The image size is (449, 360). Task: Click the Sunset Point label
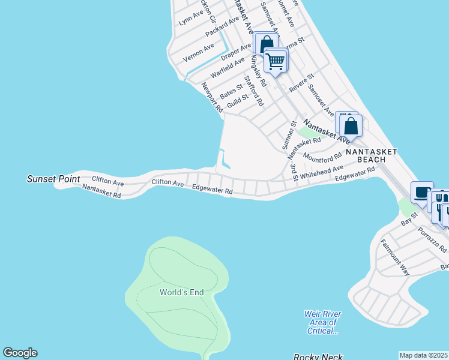pos(50,179)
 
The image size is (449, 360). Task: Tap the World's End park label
pos(181,292)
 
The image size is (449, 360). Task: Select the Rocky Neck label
pos(318,356)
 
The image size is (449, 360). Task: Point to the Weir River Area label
pos(323,322)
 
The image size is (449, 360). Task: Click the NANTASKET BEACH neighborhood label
pos(372,155)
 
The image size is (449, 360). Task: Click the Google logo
pos(20,353)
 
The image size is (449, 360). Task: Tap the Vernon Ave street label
pos(199,53)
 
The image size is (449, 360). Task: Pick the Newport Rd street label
pos(212,98)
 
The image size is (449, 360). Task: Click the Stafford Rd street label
pos(254,91)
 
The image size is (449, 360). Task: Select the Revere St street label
pos(301,83)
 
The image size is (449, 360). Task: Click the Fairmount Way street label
pos(395,257)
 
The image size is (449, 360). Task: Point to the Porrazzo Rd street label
pos(433,239)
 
